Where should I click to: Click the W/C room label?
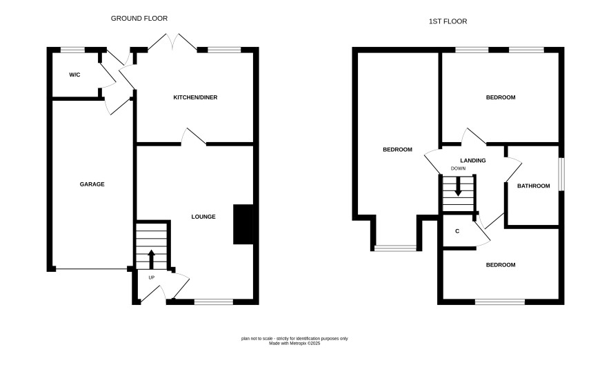pos(74,75)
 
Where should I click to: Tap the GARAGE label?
pos(92,184)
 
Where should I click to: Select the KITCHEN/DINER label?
pos(195,97)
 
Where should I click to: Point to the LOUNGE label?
pos(203,217)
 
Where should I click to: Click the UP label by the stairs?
pos(152,277)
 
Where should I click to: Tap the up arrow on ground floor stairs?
pos(151,259)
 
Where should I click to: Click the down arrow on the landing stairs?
pos(458,186)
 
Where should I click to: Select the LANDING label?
pos(473,160)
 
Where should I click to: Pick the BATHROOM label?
pos(534,186)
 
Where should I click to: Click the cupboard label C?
pos(457,231)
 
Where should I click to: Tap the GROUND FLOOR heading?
pos(139,19)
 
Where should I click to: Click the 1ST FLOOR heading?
pos(448,21)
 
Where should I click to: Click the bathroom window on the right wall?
pos(562,174)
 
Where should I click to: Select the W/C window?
pos(72,50)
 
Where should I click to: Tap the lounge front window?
pos(214,302)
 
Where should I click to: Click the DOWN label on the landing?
pos(458,168)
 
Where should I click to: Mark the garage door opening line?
pos(92,268)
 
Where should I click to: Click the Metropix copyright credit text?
pos(294,344)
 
